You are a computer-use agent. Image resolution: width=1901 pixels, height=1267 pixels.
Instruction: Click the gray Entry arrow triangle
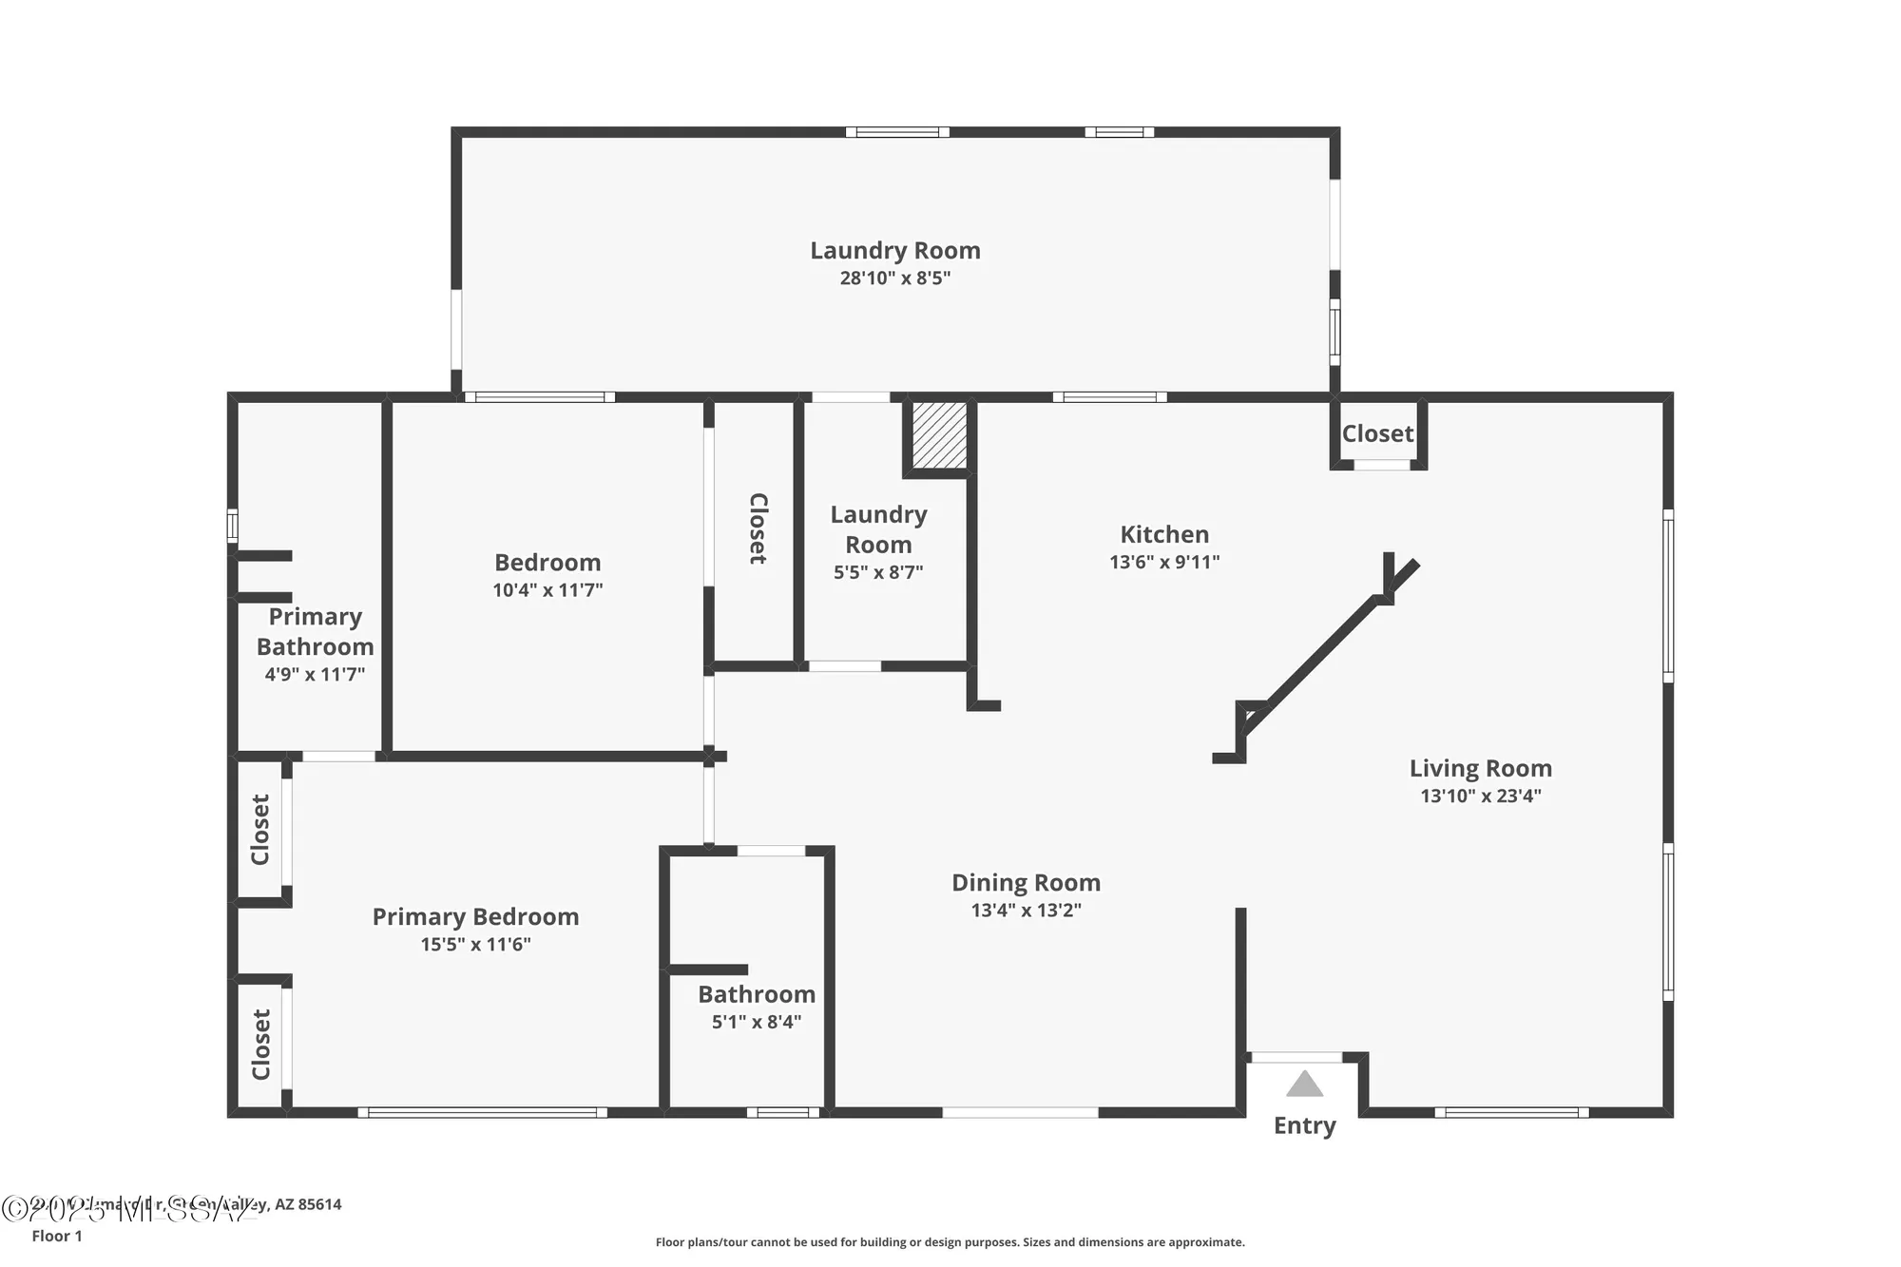coord(1304,1085)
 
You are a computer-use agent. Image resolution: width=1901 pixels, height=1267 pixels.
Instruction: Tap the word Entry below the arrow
coord(1304,1125)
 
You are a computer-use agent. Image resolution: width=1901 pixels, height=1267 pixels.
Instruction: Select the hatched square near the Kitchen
coord(939,435)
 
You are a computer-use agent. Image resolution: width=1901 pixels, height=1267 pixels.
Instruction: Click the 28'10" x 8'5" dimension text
coord(894,278)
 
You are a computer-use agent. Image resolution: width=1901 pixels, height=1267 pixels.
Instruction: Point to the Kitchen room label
coord(1163,534)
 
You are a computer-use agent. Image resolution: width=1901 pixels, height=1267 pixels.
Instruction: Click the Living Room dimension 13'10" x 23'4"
coord(1480,797)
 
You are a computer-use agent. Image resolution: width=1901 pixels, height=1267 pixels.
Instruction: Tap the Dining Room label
coord(1026,883)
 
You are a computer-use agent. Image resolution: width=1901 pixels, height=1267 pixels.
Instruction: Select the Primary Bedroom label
coord(475,917)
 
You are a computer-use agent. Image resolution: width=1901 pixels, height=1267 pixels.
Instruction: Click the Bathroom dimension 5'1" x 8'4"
coord(756,1022)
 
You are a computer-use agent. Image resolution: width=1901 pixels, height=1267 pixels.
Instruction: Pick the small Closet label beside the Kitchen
coord(1377,434)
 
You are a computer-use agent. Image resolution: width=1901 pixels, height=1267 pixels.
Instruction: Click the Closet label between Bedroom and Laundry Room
coord(758,528)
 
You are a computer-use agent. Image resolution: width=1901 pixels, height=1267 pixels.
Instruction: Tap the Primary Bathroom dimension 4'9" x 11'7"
coord(315,675)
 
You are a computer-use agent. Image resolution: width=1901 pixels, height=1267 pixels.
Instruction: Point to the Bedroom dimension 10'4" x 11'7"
coord(547,590)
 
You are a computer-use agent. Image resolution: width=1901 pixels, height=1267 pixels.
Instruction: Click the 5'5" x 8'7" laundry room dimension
coord(878,572)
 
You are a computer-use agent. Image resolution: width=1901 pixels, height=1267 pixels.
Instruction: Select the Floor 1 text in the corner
coord(57,1236)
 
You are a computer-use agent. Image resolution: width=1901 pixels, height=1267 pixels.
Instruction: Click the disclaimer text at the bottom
coord(950,1242)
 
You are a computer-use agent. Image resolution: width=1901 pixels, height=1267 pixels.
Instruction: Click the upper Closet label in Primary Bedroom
coord(259,830)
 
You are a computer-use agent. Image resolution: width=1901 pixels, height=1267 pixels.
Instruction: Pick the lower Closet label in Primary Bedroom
coord(260,1045)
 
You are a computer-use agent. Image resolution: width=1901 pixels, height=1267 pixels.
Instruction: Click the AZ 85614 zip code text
coord(308,1204)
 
